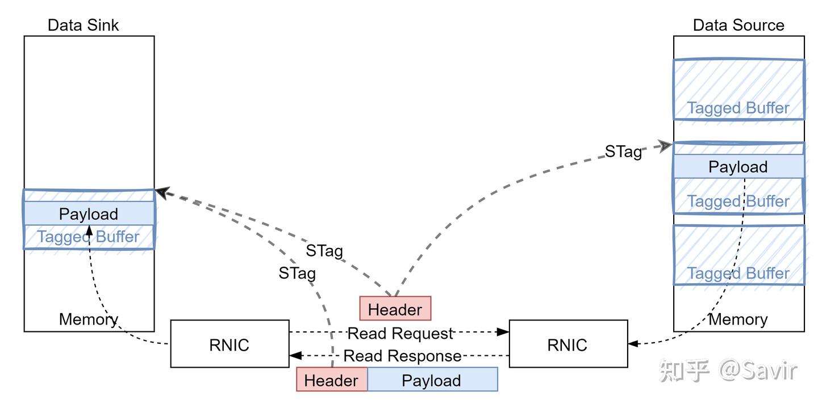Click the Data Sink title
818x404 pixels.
83,25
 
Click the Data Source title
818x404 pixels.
738,25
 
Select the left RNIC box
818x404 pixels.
229,344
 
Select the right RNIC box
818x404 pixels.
567,344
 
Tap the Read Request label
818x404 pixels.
400,333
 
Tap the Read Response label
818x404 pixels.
402,356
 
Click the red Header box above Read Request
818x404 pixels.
395,309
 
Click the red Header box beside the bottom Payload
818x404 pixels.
331,380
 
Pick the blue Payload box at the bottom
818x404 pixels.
432,380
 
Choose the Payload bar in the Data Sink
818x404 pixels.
89,214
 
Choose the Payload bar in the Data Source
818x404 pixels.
738,167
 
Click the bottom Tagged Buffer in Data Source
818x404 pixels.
738,255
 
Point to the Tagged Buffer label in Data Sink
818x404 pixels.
89,237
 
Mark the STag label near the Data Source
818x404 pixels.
623,152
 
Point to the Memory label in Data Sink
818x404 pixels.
88,319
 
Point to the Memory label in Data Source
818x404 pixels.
738,319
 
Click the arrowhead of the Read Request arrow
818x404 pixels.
503,332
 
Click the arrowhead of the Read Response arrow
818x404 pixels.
295,356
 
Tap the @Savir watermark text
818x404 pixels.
758,370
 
